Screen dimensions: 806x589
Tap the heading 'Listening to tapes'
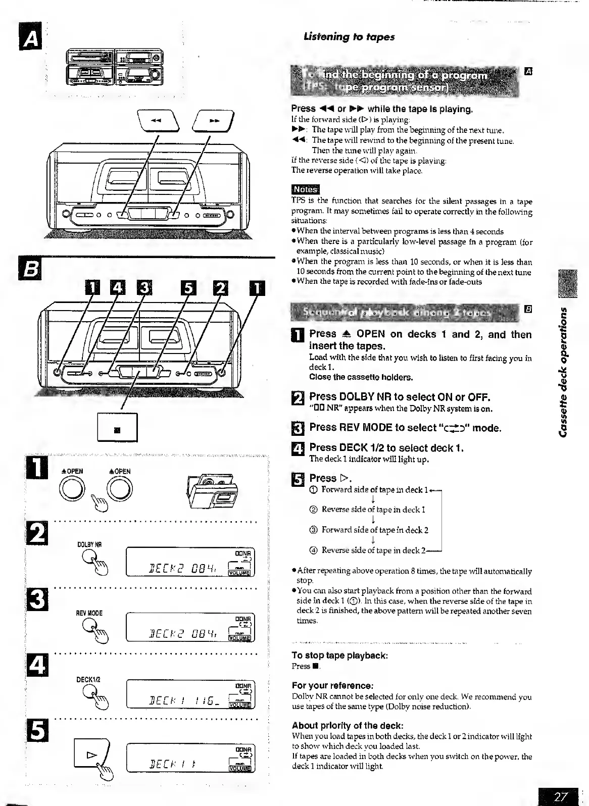[349, 36]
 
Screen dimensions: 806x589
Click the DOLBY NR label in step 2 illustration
[89, 545]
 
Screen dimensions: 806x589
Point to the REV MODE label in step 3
[89, 613]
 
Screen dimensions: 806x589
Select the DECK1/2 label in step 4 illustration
[89, 679]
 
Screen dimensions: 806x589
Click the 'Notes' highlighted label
[305, 189]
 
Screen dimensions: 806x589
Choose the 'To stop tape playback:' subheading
[339, 656]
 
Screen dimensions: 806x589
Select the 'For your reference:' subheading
[332, 685]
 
